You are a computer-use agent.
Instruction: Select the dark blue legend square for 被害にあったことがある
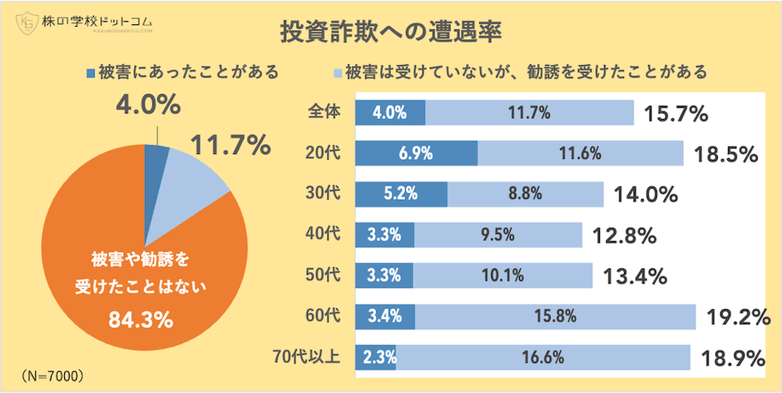point(90,72)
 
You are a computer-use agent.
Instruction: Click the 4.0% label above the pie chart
point(147,106)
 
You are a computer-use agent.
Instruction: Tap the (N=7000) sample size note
point(52,376)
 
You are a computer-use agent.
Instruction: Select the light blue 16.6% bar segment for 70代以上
point(543,357)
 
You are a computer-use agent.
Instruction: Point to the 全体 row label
point(324,112)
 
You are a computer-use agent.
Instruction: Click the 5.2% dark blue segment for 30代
point(401,194)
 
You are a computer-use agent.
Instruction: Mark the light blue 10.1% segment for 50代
point(503,276)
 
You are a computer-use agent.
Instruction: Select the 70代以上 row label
point(306,357)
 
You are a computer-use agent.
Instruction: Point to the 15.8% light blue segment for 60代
point(556,316)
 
